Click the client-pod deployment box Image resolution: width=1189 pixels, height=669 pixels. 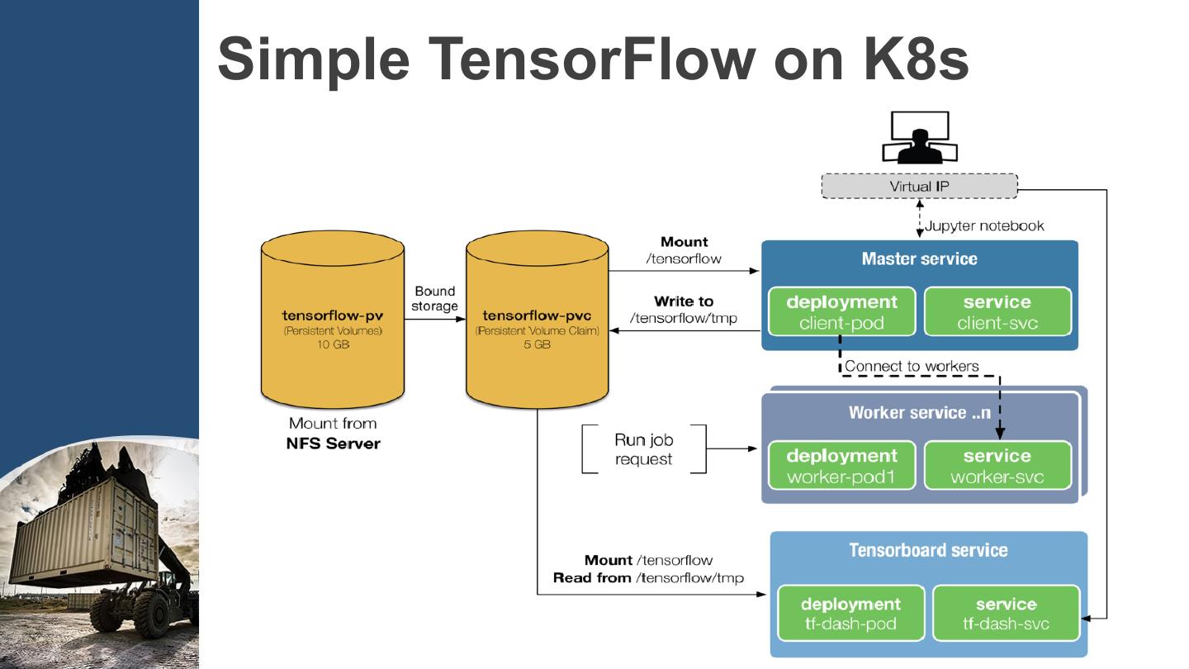click(841, 311)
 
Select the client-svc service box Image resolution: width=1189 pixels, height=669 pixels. click(997, 311)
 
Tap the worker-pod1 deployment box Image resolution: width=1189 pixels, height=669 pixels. click(841, 465)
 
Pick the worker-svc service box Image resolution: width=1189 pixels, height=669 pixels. click(997, 465)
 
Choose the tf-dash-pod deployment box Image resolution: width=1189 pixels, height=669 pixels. click(850, 613)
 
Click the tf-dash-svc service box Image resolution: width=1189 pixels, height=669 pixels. click(1006, 613)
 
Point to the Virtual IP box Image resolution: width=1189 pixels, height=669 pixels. click(919, 187)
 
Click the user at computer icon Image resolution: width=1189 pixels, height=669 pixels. click(919, 138)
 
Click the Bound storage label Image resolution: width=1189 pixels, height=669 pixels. click(435, 299)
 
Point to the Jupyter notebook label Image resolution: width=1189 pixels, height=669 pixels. click(984, 225)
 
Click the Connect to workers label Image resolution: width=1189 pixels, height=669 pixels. click(912, 366)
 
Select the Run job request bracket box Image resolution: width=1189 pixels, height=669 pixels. click(644, 449)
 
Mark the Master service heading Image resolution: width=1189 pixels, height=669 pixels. click(919, 259)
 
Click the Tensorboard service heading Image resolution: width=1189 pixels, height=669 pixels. click(928, 550)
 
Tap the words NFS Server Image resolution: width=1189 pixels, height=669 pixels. click(333, 444)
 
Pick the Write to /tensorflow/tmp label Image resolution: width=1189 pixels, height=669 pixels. click(684, 310)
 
